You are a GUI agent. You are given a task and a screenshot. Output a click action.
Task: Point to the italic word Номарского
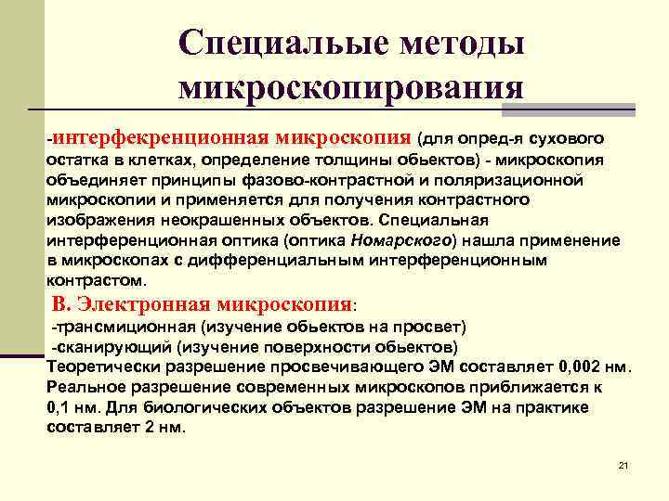pos(401,239)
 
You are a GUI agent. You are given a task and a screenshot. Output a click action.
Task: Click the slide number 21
pos(623,465)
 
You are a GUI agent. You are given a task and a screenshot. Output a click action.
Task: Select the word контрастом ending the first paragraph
pos(93,280)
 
